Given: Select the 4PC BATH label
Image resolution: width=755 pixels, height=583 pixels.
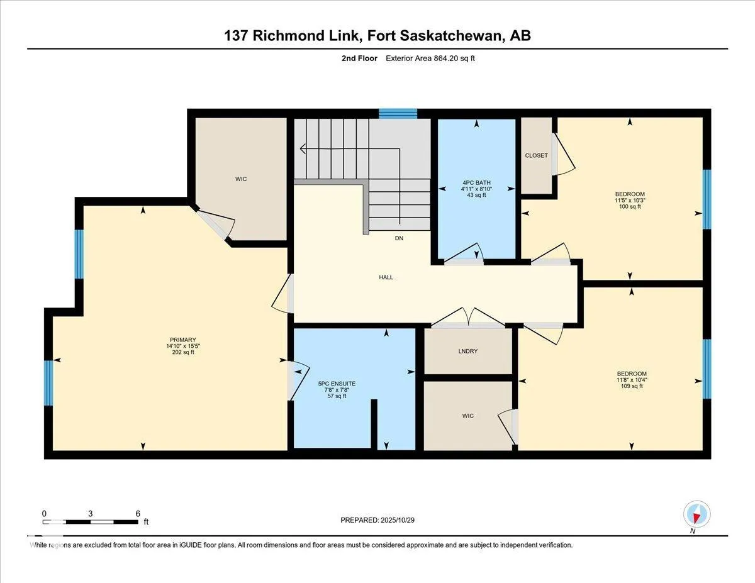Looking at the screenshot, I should pos(476,182).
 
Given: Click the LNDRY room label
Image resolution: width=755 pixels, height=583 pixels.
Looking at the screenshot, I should pos(467,351).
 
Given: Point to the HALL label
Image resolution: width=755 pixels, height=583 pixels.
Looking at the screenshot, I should pos(386,277).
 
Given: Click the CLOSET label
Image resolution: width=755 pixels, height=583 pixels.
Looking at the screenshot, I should pos(536,155).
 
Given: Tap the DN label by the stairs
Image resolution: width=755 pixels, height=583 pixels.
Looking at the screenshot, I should pos(399,238).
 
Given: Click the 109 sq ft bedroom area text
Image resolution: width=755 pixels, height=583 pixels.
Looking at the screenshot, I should pos(632,386).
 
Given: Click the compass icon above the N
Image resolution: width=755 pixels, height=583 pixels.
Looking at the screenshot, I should pos(696,514).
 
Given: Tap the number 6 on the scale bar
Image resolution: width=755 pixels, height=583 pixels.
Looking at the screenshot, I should pos(138,513).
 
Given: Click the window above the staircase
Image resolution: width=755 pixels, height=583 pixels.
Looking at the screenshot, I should pos(398,113).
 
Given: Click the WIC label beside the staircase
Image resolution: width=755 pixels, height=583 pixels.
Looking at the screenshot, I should pos(241,179).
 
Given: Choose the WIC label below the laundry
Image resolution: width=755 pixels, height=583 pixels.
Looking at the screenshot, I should pos(467,416).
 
